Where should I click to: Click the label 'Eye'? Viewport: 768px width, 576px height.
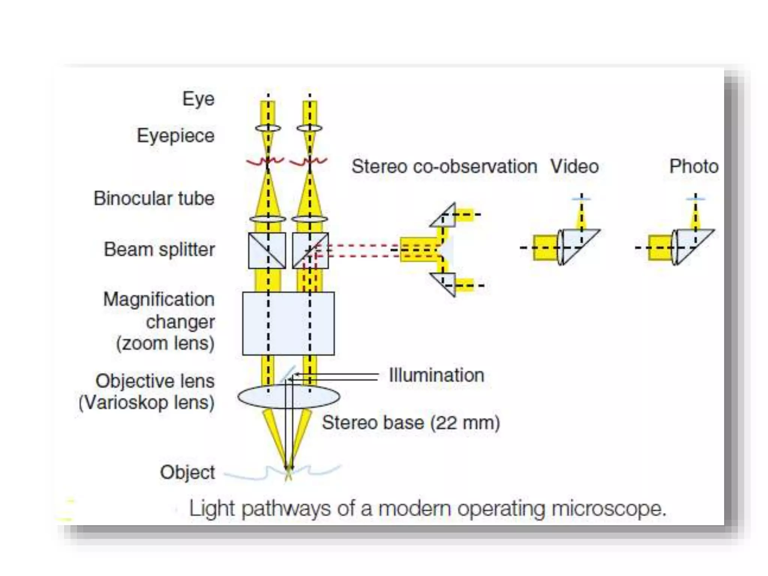pyautogui.click(x=198, y=99)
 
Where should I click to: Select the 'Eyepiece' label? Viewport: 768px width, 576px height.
pyautogui.click(x=175, y=135)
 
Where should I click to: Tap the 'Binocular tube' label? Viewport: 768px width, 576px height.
pyautogui.click(x=154, y=198)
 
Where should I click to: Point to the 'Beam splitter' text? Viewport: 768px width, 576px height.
pyautogui.click(x=159, y=249)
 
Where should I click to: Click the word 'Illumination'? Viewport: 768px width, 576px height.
pyautogui.click(x=436, y=375)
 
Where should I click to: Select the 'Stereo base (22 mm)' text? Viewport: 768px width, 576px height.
pyautogui.click(x=411, y=423)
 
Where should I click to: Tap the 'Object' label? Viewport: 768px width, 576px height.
pyautogui.click(x=187, y=472)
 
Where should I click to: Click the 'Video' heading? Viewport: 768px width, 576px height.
pyautogui.click(x=574, y=166)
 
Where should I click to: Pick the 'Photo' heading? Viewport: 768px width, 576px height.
pyautogui.click(x=694, y=166)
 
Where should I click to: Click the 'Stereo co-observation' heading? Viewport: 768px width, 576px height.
pyautogui.click(x=444, y=166)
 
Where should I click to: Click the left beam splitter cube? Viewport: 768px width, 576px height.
pyautogui.click(x=267, y=250)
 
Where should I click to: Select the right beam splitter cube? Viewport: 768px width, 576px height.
pyautogui.click(x=310, y=250)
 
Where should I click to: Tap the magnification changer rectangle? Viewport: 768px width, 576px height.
pyautogui.click(x=288, y=323)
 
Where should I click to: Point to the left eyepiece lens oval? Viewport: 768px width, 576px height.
pyautogui.click(x=268, y=128)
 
